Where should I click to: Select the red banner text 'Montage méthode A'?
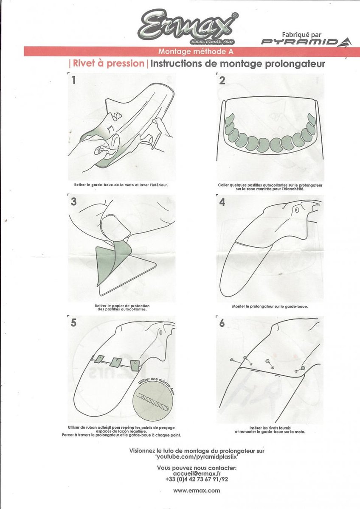(196, 51)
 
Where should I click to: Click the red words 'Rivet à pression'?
(109, 63)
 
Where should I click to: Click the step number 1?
(73, 80)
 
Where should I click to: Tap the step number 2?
(222, 81)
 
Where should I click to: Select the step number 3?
(73, 201)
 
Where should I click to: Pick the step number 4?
(222, 202)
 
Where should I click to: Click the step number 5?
(73, 323)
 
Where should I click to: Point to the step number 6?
(222, 323)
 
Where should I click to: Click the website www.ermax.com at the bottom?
(197, 490)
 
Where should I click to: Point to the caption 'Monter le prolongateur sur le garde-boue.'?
(270, 307)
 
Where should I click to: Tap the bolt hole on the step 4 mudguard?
(297, 210)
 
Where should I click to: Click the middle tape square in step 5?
(115, 362)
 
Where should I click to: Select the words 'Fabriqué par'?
(301, 35)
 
